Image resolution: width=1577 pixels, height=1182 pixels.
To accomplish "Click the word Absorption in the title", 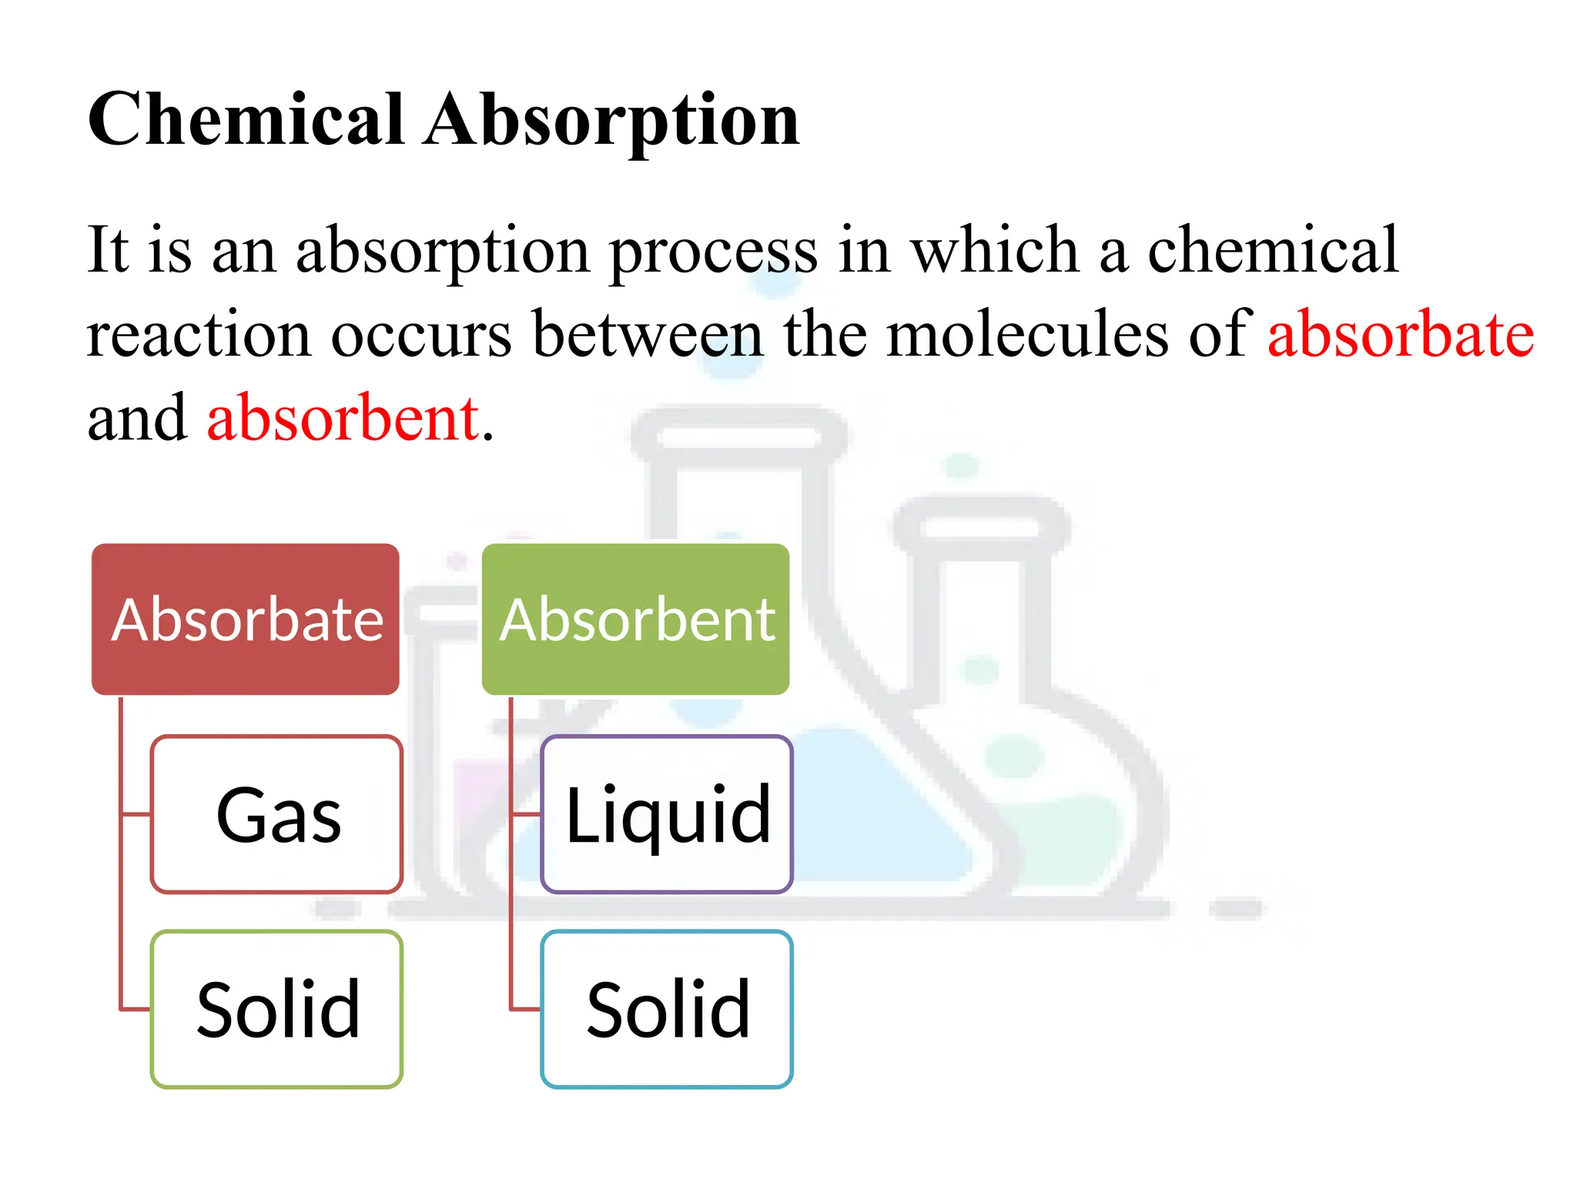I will click(612, 121).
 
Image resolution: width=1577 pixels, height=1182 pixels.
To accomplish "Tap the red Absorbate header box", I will click(246, 619).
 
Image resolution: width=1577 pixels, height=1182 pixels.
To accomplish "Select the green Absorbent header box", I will click(636, 619).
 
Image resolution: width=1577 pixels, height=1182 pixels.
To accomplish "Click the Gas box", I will click(277, 814).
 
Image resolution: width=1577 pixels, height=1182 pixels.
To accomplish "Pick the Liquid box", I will click(667, 814).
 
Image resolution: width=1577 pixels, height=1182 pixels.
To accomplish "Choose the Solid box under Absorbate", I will click(277, 1009).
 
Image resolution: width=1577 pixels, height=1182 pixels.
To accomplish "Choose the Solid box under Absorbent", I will click(667, 1009).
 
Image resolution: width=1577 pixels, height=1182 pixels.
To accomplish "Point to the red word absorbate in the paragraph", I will click(1401, 334).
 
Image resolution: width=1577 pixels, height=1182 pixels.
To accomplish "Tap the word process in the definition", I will click(713, 252).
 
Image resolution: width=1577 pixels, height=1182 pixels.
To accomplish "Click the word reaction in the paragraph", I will click(199, 336).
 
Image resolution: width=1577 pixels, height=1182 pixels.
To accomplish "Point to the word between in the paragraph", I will click(648, 334).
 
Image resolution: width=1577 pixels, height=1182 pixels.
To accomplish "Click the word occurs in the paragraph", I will click(421, 336).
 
